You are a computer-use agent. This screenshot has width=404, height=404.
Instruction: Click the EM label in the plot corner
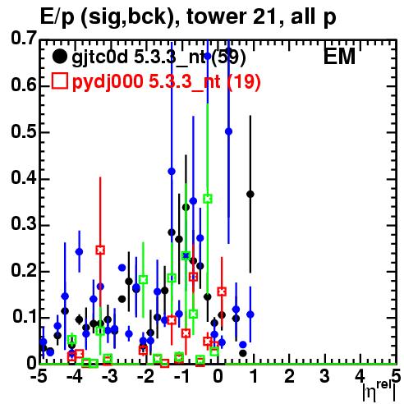coord(339,57)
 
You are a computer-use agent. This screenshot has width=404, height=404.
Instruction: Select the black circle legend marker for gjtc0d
coord(59,57)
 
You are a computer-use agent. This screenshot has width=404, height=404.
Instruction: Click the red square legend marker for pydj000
coord(59,81)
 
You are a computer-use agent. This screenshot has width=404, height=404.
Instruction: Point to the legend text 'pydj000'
coord(108,82)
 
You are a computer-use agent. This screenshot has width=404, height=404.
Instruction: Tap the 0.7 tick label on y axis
coord(24,39)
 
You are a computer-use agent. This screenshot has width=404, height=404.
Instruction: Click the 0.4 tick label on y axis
coord(24,178)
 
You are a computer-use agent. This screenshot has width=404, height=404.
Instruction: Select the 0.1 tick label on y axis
coord(25,317)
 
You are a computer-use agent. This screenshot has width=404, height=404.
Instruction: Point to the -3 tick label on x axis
coord(110,376)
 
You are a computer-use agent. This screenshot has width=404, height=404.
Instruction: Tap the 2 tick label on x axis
coord(289,376)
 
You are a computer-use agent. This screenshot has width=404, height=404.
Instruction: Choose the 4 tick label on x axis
coord(360,376)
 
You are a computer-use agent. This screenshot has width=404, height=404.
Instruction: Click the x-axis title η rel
coord(379,391)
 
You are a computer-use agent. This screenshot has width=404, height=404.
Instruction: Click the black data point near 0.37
coord(250,195)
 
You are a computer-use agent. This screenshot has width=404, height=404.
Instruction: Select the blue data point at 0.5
coord(228,131)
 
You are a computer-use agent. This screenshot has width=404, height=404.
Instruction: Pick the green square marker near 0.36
coord(208,199)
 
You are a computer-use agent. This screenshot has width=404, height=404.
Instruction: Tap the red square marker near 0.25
coord(100,250)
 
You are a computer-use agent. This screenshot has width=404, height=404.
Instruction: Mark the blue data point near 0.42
coord(172,172)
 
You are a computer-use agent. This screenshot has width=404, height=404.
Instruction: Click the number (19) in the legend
coord(244,81)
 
